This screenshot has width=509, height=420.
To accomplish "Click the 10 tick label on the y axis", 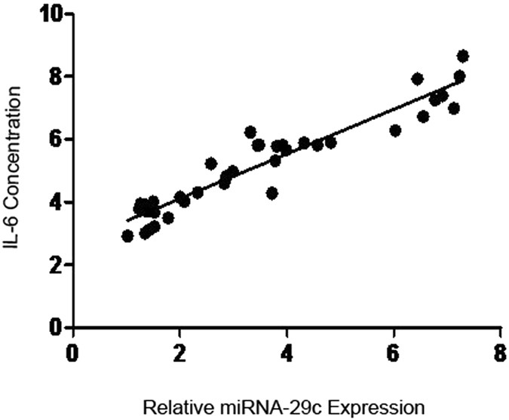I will (48, 14).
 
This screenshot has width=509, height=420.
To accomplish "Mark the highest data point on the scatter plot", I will (463, 56).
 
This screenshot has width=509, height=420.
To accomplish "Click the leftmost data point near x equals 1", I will (127, 236).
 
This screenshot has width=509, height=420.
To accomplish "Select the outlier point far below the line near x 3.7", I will (272, 193).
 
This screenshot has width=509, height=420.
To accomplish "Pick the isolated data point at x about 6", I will (395, 130).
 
